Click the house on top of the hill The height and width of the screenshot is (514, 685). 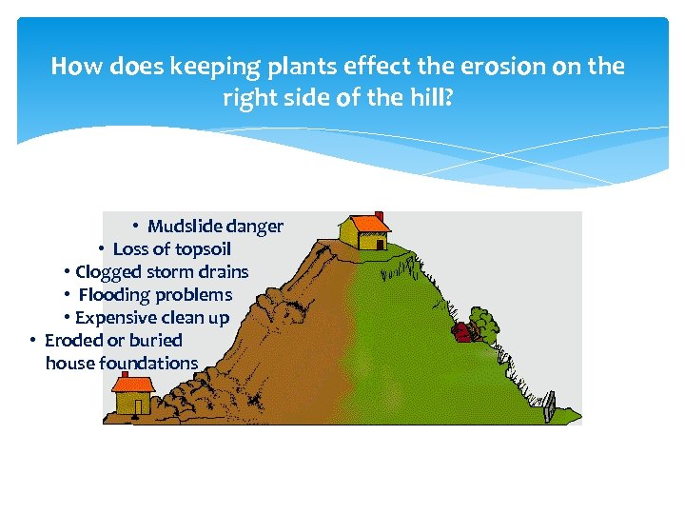(x=365, y=229)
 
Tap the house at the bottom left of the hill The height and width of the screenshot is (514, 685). (x=132, y=394)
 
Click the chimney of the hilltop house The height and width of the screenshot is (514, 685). (x=379, y=216)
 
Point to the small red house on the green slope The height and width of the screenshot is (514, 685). (x=462, y=332)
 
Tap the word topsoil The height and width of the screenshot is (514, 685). (x=201, y=249)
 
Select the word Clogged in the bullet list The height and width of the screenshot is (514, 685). (x=108, y=272)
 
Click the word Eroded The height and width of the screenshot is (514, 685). (x=72, y=340)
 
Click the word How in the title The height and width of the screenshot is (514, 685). (x=72, y=67)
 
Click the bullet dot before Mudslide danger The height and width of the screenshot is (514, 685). (x=136, y=227)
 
